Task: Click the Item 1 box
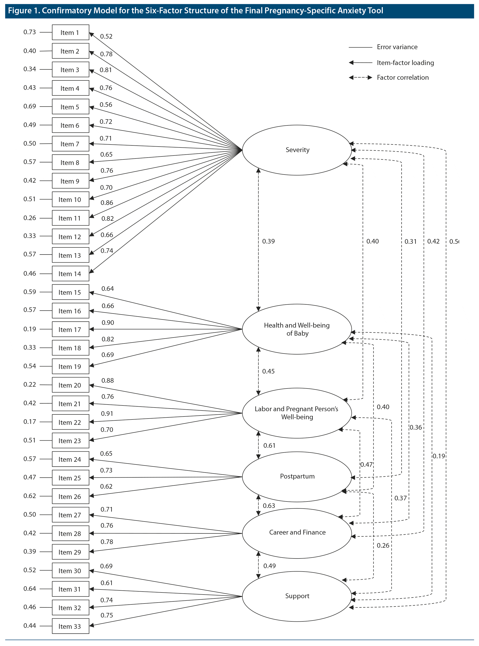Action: [x=70, y=32]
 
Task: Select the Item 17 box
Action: [x=70, y=329]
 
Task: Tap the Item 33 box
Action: [x=70, y=626]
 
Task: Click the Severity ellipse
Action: [x=297, y=150]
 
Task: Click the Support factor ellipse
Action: [x=297, y=596]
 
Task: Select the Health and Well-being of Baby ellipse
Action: [x=297, y=329]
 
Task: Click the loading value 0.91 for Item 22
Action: [x=107, y=414]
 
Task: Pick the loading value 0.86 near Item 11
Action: [x=107, y=203]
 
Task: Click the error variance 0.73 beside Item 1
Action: [x=30, y=32]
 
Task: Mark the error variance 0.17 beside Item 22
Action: [x=30, y=422]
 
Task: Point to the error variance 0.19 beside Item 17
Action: [x=30, y=329]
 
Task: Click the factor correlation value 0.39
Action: [x=268, y=241]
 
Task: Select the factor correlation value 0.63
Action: [x=269, y=506]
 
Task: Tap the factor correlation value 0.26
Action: [x=383, y=545]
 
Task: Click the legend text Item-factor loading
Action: [x=405, y=63]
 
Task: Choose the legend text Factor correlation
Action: [x=403, y=77]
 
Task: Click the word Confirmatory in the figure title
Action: [x=66, y=11]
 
